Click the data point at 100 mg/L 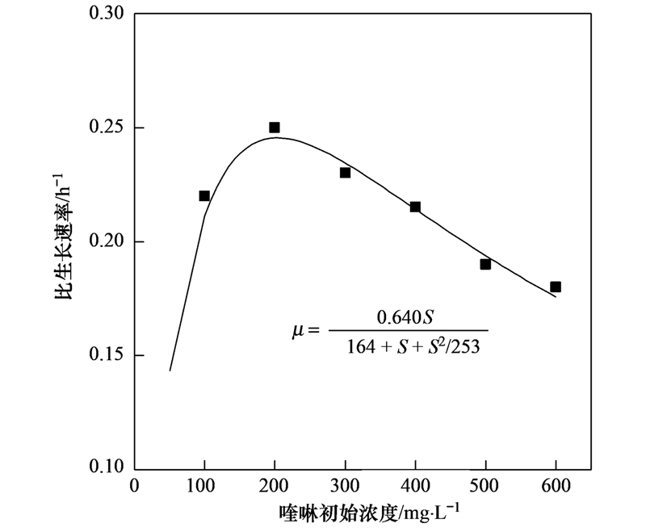[204, 195]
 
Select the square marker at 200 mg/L [275, 128]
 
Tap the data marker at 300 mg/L [345, 173]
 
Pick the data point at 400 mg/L [415, 207]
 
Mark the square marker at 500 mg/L [485, 264]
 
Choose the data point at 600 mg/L [556, 287]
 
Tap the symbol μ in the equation [296, 330]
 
